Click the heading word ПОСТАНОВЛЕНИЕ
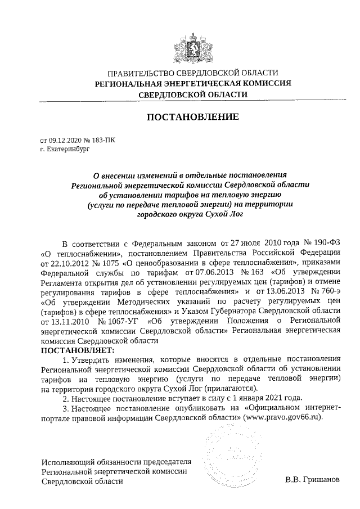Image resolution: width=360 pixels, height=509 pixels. [193, 118]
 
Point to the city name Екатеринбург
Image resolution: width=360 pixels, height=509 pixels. [68, 150]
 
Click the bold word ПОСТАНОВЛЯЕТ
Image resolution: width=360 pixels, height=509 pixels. [76, 350]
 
